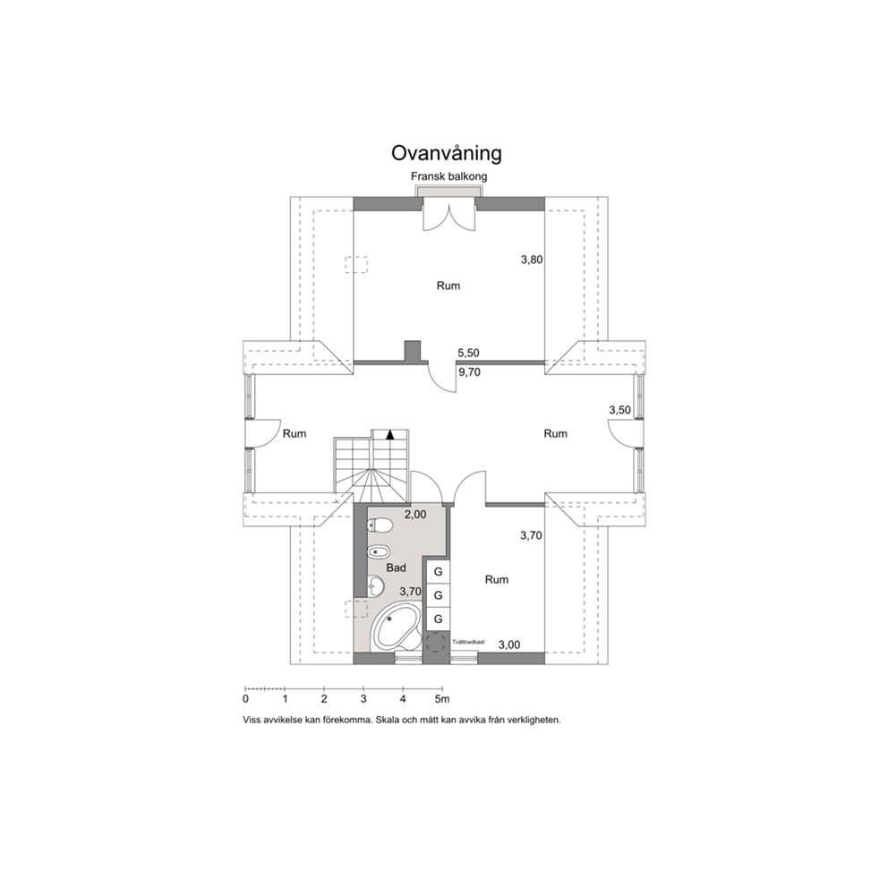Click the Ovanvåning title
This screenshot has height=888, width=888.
coord(447,153)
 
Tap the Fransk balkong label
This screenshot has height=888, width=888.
coord(448,176)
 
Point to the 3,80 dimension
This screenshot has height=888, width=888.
coord(532,260)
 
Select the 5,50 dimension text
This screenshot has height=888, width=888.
coord(468,353)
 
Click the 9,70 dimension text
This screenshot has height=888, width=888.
coord(469,372)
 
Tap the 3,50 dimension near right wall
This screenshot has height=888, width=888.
coord(619,410)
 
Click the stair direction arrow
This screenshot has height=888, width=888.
coord(389,435)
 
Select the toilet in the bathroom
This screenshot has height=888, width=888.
coord(380,525)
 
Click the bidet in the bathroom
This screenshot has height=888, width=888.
coord(378,551)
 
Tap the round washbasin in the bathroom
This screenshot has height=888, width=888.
coord(375,586)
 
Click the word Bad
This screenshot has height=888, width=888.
coord(396,568)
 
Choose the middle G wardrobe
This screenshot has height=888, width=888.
coord(438,595)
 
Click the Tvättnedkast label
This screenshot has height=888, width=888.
coord(468,642)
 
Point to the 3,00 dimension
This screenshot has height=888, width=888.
coord(509,645)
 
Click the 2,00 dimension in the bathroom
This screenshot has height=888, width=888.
coord(415,515)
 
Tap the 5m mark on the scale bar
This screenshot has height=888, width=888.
coord(442,699)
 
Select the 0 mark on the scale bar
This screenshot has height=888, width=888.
coord(245,699)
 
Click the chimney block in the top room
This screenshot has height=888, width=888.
coord(413,351)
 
